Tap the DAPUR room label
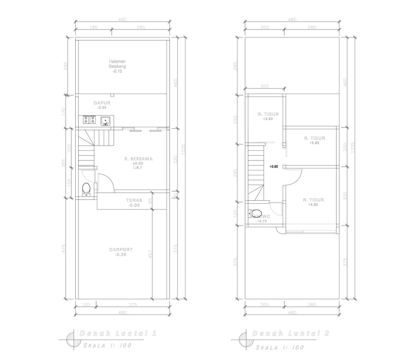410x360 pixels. (x=102, y=103)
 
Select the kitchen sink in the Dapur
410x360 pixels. (x=106, y=120)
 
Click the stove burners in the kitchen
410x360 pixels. (x=89, y=119)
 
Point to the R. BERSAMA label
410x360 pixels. (x=138, y=159)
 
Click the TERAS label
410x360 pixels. (x=134, y=200)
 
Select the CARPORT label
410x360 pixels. (x=121, y=250)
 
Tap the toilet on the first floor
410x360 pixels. (x=86, y=188)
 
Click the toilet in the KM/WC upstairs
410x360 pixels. (x=256, y=212)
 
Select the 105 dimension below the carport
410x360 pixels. (x=86, y=305)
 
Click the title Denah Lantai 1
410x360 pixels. (x=118, y=333)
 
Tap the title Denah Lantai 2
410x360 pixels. (x=290, y=334)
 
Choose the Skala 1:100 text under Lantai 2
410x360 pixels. (x=280, y=347)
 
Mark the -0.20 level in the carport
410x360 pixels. (x=121, y=254)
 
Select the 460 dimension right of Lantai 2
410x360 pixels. (x=345, y=82)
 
